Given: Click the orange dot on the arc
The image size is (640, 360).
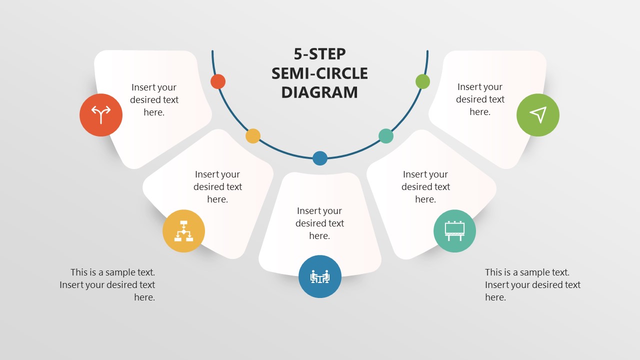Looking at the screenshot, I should point(218,81).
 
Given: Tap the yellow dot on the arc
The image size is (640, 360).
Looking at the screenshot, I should point(253,136).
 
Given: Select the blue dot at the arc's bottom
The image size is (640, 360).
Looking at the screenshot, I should point(320,158).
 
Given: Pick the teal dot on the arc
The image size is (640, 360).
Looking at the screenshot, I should point(386,136).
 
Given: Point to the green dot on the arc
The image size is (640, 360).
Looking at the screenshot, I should point(422,81).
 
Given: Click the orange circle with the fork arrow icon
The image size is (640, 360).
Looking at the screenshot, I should point(101,115).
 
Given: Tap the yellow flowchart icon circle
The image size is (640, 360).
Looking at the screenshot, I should point(183,231).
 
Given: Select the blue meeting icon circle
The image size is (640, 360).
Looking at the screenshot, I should point(320,276).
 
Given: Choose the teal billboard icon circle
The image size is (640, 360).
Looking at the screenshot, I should point(454,231).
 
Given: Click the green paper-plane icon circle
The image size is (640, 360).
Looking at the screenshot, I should point(538,115).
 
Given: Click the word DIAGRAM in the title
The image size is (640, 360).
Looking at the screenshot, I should point(319,92).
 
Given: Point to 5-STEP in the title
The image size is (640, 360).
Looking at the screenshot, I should point(319,54).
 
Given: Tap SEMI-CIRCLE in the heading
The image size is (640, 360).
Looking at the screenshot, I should point(319,73).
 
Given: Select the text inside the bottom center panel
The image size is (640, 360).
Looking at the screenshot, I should point(319,223).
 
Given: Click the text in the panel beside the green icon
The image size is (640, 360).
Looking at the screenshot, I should point(480,99).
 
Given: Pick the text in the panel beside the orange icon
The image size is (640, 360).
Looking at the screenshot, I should point(154,100).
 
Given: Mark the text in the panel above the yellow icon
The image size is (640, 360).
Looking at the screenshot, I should point(217,187).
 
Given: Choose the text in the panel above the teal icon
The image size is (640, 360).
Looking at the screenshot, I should point(425,187).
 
